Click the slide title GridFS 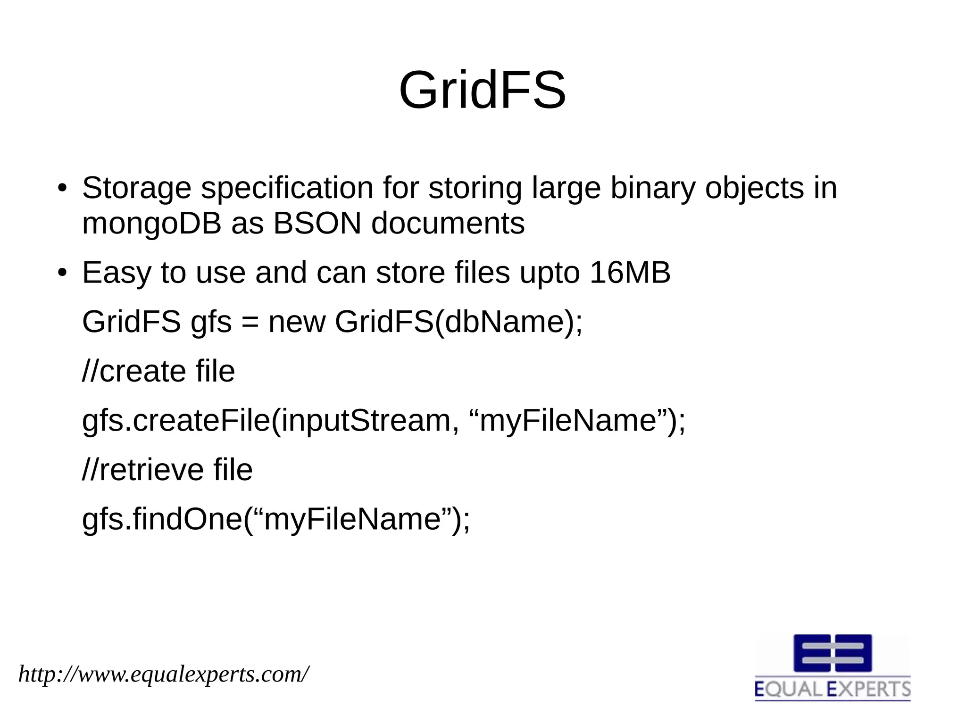coord(482,90)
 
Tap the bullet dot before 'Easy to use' coord(61,273)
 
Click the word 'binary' coord(653,188)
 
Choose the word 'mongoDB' coord(151,223)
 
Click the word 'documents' coord(448,223)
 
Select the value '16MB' coord(630,273)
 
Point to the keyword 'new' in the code coord(297,322)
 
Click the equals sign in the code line coord(250,323)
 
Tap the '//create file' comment coord(158,371)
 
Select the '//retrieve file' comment coord(167,470)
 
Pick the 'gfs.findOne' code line coord(276,519)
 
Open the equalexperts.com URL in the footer coord(164,674)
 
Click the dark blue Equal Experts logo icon coord(833,653)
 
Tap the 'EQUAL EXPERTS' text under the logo coord(833,689)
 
